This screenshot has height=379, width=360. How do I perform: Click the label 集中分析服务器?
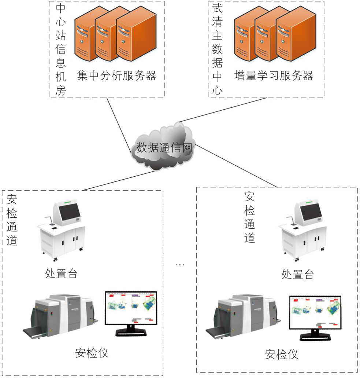(116, 76)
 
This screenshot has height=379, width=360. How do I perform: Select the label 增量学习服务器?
(274, 76)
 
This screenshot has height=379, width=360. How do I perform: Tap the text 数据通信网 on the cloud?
(164, 147)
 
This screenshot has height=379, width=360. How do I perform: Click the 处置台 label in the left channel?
(61, 274)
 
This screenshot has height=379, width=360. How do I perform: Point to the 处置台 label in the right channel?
(297, 275)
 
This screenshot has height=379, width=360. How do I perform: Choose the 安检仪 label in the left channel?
(92, 353)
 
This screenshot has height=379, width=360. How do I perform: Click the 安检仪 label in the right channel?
(281, 354)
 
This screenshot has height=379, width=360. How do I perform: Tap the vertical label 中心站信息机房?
(60, 49)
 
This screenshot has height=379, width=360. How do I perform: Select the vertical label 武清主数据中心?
(217, 49)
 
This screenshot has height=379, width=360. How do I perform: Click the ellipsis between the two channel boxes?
(180, 265)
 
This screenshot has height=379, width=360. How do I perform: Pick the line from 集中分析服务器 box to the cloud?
(119, 125)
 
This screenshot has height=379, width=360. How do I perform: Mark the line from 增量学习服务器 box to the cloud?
(222, 110)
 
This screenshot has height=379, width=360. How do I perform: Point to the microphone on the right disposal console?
(292, 220)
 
